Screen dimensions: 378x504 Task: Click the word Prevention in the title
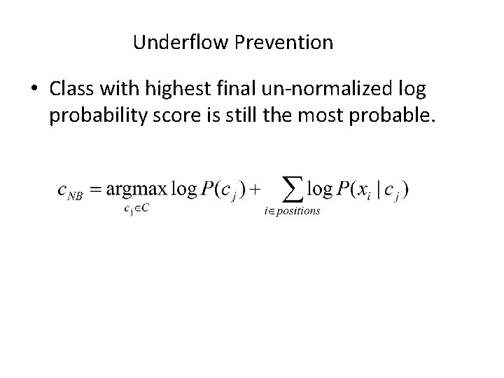pyautogui.click(x=284, y=43)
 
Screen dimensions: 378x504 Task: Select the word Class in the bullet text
pyautogui.click(x=71, y=89)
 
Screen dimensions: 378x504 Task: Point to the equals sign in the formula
pyautogui.click(x=95, y=189)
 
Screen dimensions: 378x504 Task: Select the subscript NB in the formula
pyautogui.click(x=75, y=197)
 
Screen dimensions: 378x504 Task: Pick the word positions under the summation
pyautogui.click(x=297, y=211)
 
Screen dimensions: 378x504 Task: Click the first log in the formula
pyautogui.click(x=185, y=188)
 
